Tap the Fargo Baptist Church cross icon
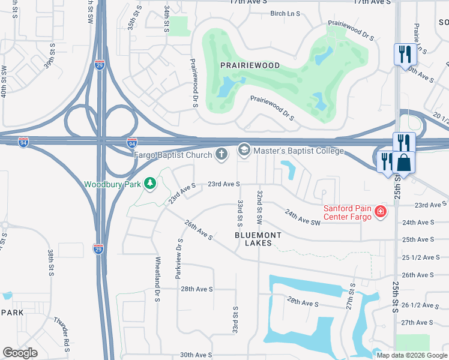(x=221, y=155)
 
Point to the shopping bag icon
(x=405, y=163)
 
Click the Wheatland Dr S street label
(x=158, y=275)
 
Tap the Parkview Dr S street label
(x=178, y=259)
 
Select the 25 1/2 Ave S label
(x=417, y=257)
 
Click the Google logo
(x=20, y=353)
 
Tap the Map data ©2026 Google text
(x=411, y=355)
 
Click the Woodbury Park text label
(x=113, y=184)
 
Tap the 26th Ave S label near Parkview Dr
(x=199, y=230)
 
